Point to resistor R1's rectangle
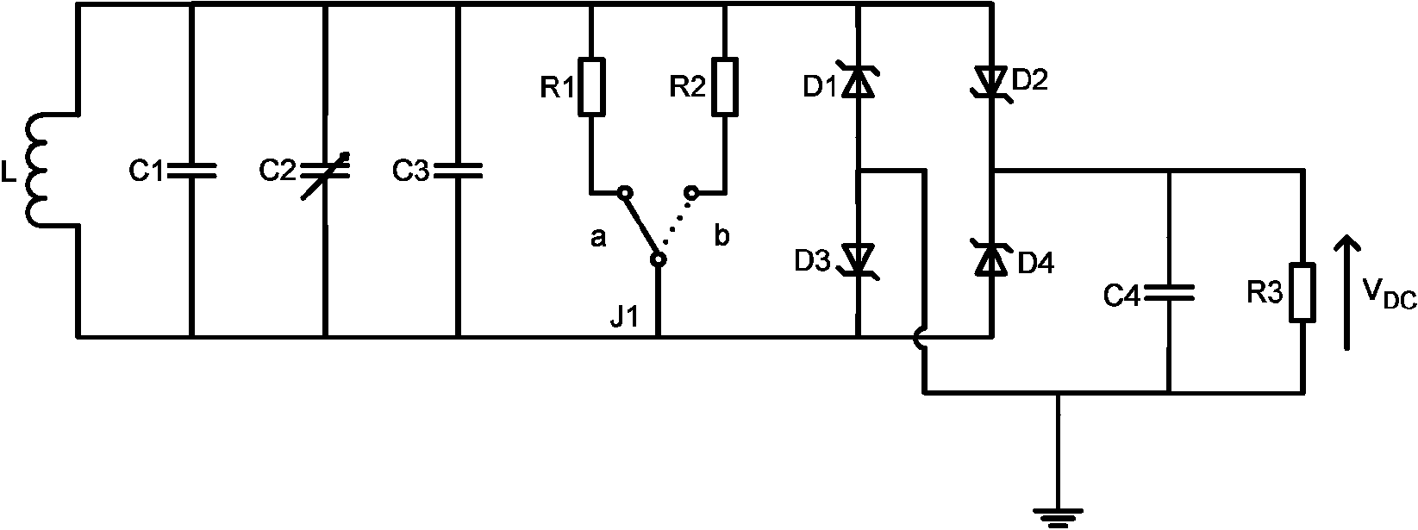coord(591,87)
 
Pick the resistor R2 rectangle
coord(725,87)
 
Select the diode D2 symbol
coord(991,84)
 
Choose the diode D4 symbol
coord(991,259)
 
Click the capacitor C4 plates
coord(1169,293)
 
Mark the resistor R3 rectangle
coord(1302,292)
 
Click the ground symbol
coord(1058,519)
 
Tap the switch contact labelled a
coord(624,192)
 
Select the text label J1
coord(625,316)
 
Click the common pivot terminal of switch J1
coord(659,259)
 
